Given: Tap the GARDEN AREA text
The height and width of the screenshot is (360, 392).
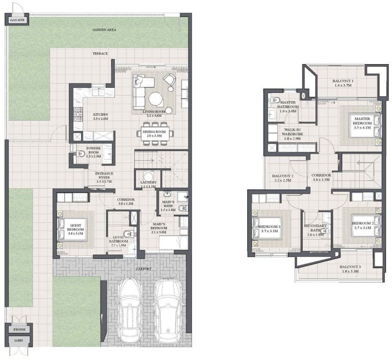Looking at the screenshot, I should [104, 30].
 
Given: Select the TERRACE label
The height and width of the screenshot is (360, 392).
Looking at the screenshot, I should [100, 54].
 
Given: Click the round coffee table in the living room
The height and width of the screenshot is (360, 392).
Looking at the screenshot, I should [157, 98].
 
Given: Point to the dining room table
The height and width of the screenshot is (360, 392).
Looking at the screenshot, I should [155, 134].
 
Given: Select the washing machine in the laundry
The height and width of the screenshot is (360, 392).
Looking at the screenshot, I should [149, 176].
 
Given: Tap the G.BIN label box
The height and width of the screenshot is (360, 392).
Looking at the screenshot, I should [18, 340].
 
